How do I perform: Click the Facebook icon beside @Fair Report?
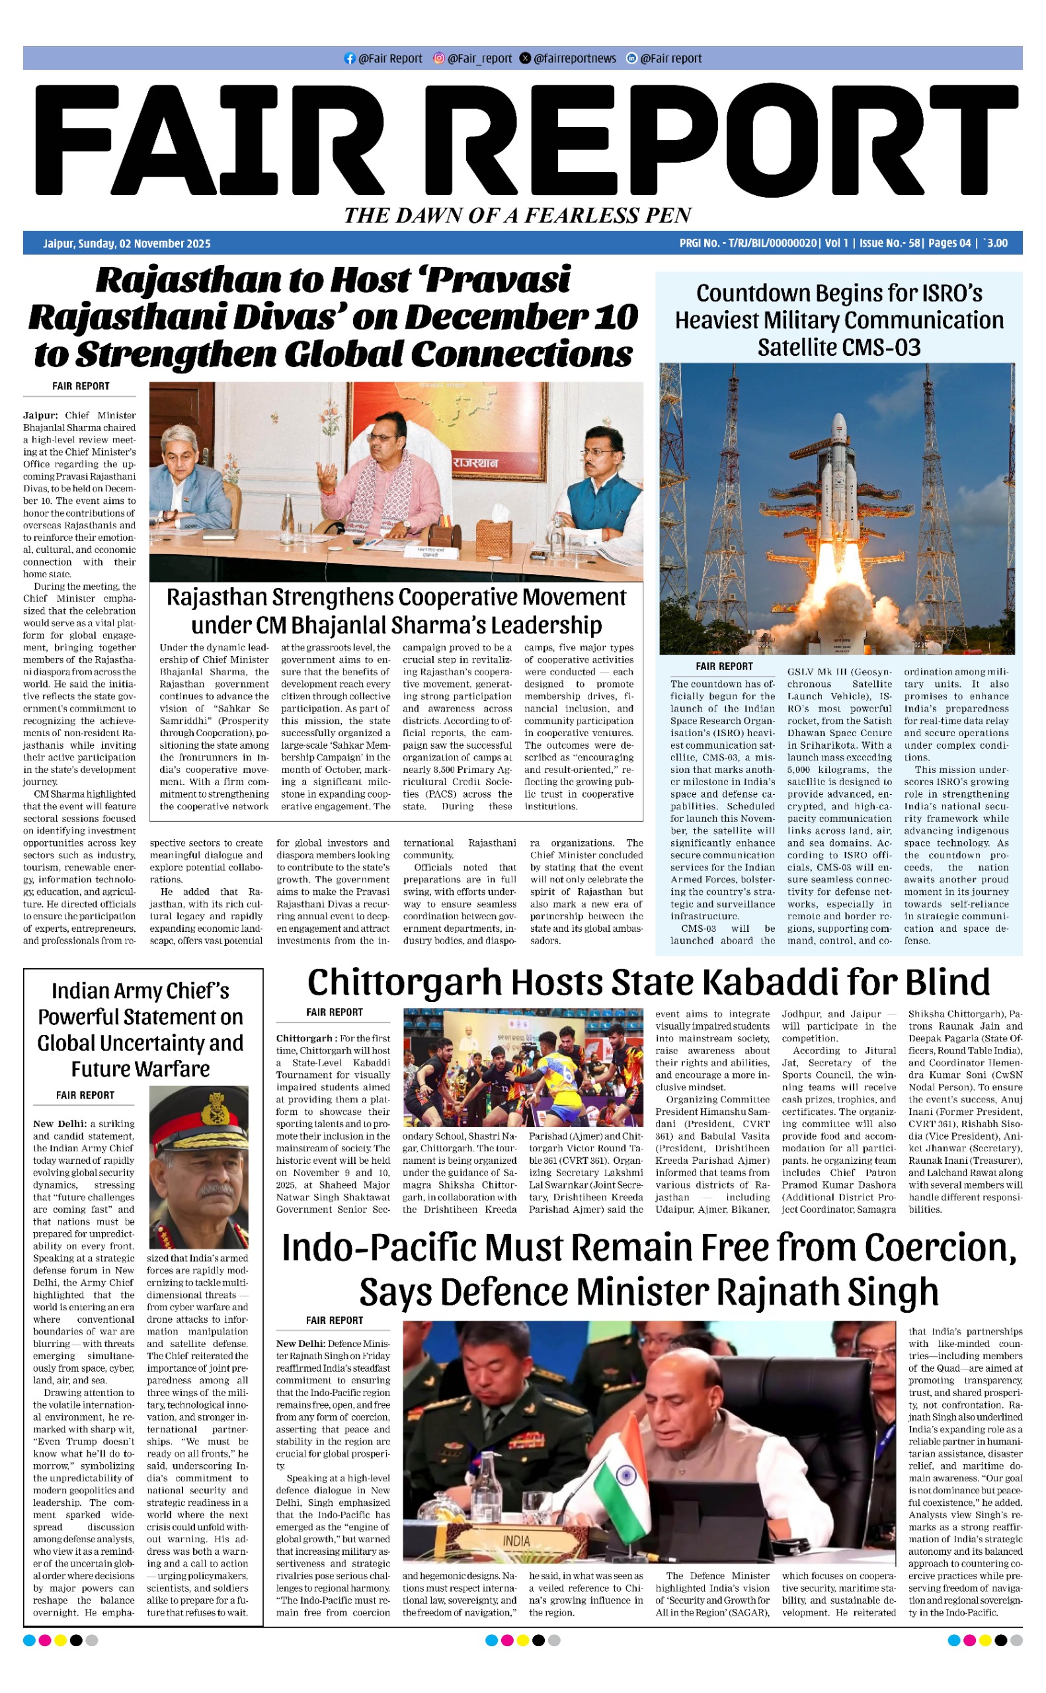[349, 59]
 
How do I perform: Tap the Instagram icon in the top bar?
[438, 59]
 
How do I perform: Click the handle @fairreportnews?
[574, 59]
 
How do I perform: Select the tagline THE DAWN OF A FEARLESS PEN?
[518, 215]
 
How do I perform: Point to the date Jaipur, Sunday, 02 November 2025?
[126, 243]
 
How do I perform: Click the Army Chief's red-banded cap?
[199, 1120]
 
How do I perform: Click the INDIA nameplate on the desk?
[516, 1542]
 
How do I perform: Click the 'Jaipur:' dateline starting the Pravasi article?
[40, 416]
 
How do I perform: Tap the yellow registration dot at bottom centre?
[522, 1640]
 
